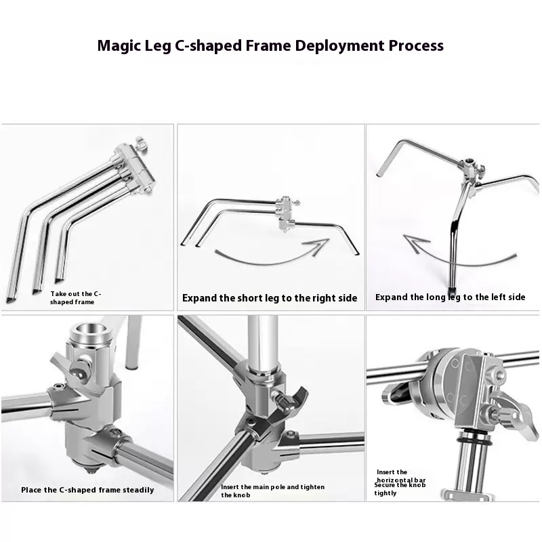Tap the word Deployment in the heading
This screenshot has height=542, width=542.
coord(340,46)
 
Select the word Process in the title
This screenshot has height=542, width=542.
coord(416,45)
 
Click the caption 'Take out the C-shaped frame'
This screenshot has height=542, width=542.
coord(76,298)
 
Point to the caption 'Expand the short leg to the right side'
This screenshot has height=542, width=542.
coord(270,298)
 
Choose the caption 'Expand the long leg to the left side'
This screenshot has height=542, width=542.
coord(450,297)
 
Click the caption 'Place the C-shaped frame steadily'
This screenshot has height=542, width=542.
coord(87,490)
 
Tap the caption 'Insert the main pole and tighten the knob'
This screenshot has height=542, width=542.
coord(273,491)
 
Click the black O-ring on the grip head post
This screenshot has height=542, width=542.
coord(473,442)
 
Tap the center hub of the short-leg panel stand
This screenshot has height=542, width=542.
coord(285,213)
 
